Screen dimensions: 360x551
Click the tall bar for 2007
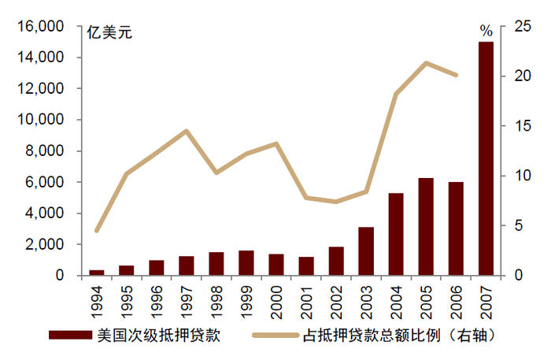[x=486, y=158]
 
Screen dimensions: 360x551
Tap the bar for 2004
[x=396, y=234]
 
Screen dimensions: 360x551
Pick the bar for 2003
[x=366, y=251]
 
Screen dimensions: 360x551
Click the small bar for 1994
[x=96, y=273]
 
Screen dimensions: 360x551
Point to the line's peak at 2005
[x=426, y=63]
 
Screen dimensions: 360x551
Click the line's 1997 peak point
[x=186, y=131]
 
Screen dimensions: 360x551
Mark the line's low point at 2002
[x=336, y=202]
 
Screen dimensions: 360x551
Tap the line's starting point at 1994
[x=96, y=231]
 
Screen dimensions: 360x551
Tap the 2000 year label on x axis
[x=276, y=300]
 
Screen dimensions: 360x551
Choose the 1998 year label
[x=216, y=300]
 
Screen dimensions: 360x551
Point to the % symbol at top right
[x=486, y=32]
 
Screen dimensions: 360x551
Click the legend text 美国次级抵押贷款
[x=157, y=335]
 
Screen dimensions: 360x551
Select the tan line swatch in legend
[x=275, y=335]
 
